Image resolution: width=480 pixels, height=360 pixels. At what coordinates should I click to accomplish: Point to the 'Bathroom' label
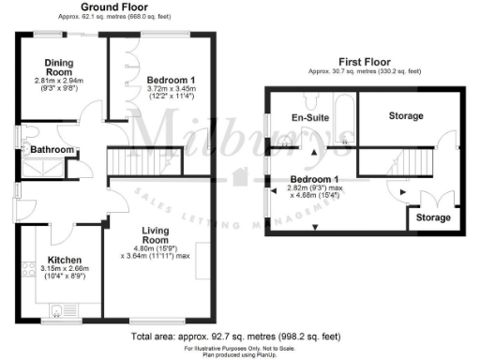50,150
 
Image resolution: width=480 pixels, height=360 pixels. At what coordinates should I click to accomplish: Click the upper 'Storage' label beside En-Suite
405,116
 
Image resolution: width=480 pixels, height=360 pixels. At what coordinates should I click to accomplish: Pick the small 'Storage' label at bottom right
433,217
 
